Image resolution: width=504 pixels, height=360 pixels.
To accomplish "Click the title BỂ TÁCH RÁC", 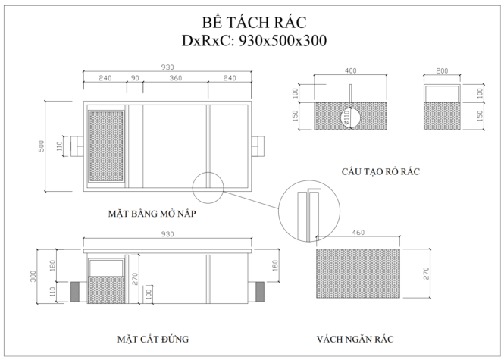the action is click(254, 23).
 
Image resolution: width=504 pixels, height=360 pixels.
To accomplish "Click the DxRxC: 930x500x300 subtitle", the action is click(254, 41).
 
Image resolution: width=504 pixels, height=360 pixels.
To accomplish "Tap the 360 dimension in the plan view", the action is click(176, 78).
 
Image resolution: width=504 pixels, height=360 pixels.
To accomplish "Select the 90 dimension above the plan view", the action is click(136, 78).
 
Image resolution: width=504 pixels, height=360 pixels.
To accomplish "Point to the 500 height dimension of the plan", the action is click(42, 146).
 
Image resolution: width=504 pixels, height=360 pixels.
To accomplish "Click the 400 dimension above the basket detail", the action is click(350, 70).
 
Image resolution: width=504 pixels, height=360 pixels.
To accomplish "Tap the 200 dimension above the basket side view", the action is click(442, 70).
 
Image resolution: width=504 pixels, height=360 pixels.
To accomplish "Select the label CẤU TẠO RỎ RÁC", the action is click(380, 171).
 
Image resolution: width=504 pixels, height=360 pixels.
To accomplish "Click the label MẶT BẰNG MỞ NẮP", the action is click(152, 214).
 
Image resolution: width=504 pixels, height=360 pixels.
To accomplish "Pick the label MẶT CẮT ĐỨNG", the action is click(153, 339).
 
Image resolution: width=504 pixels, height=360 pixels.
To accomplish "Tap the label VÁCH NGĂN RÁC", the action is click(355, 339).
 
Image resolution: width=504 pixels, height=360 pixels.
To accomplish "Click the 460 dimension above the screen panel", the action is click(358, 233).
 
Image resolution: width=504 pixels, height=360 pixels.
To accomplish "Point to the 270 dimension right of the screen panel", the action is click(426, 274).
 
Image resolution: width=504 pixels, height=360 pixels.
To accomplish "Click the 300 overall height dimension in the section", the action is click(33, 276).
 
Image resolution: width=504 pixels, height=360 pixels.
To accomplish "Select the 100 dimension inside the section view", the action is click(149, 294).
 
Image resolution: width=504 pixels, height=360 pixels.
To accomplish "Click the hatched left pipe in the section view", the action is click(75, 292).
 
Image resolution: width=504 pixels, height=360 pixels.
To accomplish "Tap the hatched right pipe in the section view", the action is click(260, 292).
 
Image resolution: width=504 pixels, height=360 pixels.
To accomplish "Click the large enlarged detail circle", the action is click(278, 211).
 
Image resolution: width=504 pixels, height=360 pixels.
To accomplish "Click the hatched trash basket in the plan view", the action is click(106, 146).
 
